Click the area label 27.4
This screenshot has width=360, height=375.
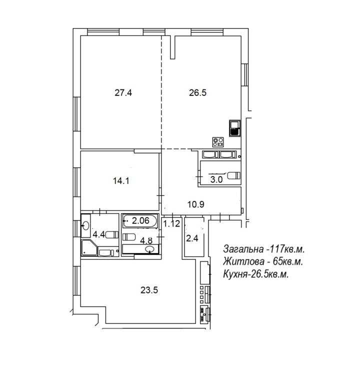coord(123,92)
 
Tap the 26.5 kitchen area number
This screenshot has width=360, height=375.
coord(197,92)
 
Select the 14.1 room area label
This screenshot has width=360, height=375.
coord(121,181)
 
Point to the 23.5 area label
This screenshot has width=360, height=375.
coord(149,290)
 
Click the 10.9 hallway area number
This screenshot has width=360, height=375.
coord(195,204)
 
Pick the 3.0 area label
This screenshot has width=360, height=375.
coord(216,179)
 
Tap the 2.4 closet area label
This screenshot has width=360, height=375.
coord(192,238)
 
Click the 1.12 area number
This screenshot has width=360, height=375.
coord(171,223)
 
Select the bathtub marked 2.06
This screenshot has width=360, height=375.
coord(140,220)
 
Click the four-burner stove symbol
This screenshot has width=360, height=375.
coord(218,142)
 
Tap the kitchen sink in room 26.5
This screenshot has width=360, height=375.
coord(234,128)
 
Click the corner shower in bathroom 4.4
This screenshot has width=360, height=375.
coord(89,247)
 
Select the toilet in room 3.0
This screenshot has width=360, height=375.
coord(233,175)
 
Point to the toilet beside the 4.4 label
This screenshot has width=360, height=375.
coord(111,234)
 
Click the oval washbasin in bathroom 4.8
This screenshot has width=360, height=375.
coord(150,249)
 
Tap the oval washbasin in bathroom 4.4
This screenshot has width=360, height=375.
coord(85,225)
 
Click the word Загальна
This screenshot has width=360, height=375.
coord(243,249)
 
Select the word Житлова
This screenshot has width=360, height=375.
coord(243,261)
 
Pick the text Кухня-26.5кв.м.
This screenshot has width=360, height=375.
coord(255,274)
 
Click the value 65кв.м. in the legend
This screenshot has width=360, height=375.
coord(288,261)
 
